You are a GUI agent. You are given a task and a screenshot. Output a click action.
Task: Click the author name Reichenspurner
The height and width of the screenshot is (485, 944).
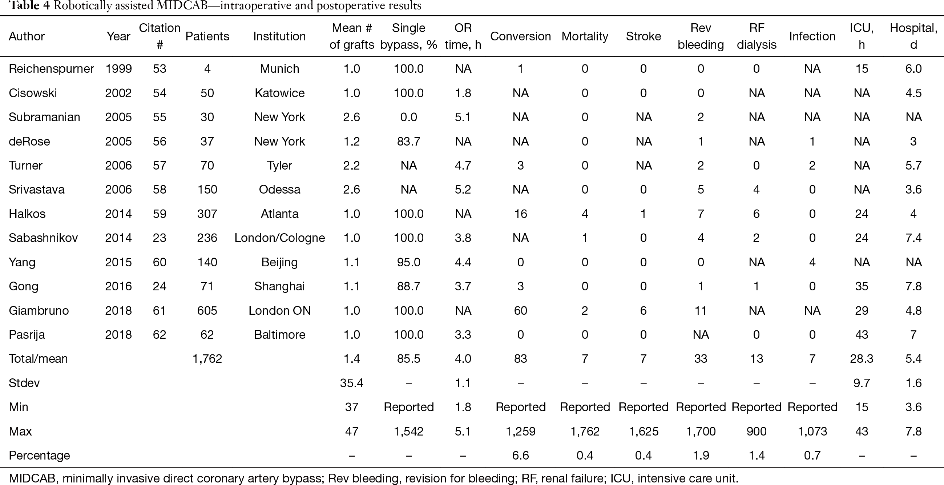point(51,69)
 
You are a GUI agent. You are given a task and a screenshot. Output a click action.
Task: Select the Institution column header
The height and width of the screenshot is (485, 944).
point(279,36)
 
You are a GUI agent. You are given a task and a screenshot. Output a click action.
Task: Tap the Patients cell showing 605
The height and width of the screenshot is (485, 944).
point(207,311)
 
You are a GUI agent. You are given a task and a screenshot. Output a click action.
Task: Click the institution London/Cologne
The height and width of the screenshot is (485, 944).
point(280,238)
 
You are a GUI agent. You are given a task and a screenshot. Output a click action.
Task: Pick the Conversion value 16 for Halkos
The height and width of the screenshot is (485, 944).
point(520,214)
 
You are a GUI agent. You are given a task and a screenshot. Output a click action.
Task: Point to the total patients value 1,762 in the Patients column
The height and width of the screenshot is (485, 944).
point(207,359)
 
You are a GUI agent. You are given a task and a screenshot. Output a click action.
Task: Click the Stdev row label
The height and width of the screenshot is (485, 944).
point(24,383)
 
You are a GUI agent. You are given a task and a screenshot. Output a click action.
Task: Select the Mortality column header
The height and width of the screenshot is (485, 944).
point(585,36)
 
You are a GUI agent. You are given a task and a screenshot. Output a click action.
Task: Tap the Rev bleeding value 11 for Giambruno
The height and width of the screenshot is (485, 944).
point(701,311)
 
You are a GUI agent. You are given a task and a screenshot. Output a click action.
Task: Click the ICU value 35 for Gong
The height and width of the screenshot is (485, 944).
point(862,286)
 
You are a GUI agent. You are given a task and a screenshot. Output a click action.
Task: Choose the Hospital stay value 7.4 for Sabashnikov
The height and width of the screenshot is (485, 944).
point(913,238)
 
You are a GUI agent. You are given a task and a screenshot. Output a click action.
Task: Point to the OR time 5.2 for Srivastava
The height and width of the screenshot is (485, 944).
point(463,190)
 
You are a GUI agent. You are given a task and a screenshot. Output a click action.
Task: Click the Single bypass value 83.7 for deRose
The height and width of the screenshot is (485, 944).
point(409,142)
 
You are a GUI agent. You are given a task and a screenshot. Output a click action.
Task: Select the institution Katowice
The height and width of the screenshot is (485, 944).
point(280,93)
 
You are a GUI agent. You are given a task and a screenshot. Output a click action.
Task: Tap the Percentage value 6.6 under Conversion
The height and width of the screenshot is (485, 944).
point(520,456)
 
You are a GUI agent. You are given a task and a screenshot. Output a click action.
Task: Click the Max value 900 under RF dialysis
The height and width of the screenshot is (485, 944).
point(757,432)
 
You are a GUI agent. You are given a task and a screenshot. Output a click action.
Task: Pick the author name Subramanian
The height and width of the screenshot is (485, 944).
point(44,118)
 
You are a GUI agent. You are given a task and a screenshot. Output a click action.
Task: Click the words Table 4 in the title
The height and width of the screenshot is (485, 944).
point(29,6)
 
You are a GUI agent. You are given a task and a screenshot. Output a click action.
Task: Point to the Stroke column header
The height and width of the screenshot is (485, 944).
point(644,36)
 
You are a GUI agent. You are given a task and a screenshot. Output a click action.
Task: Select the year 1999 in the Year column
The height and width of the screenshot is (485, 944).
point(118,69)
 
